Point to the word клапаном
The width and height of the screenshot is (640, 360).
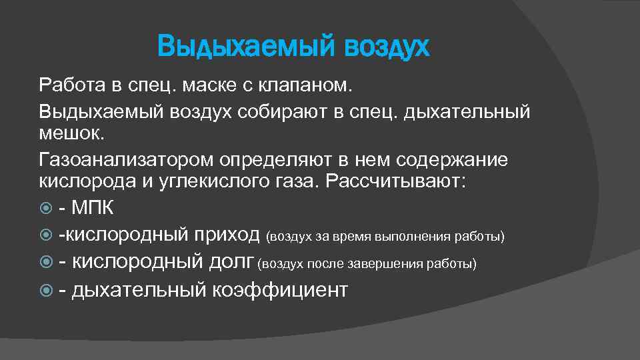click(x=315, y=86)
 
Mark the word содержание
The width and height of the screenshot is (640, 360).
click(x=452, y=160)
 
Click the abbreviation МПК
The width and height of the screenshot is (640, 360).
click(x=93, y=208)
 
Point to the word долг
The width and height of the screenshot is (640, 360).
click(x=230, y=262)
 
